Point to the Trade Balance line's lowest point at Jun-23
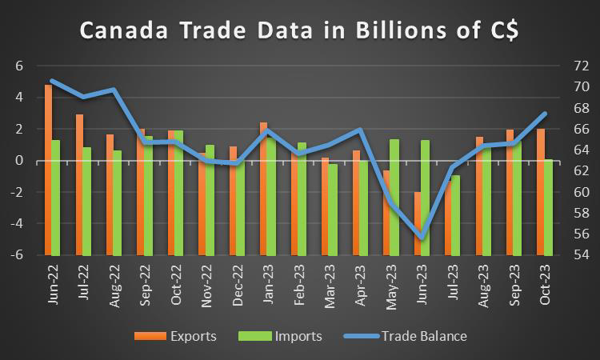pyautogui.click(x=421, y=238)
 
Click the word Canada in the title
pyautogui.click(x=120, y=33)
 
